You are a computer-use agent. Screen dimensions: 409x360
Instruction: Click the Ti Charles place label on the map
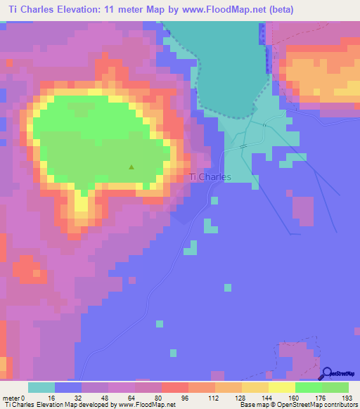[210, 177]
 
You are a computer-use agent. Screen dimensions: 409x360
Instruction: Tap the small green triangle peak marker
[131, 167]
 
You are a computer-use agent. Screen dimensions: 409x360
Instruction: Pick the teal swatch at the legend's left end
[41, 387]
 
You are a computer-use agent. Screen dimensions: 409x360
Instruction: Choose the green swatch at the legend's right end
[335, 387]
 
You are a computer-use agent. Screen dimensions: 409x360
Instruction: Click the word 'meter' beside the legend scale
[12, 397]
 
